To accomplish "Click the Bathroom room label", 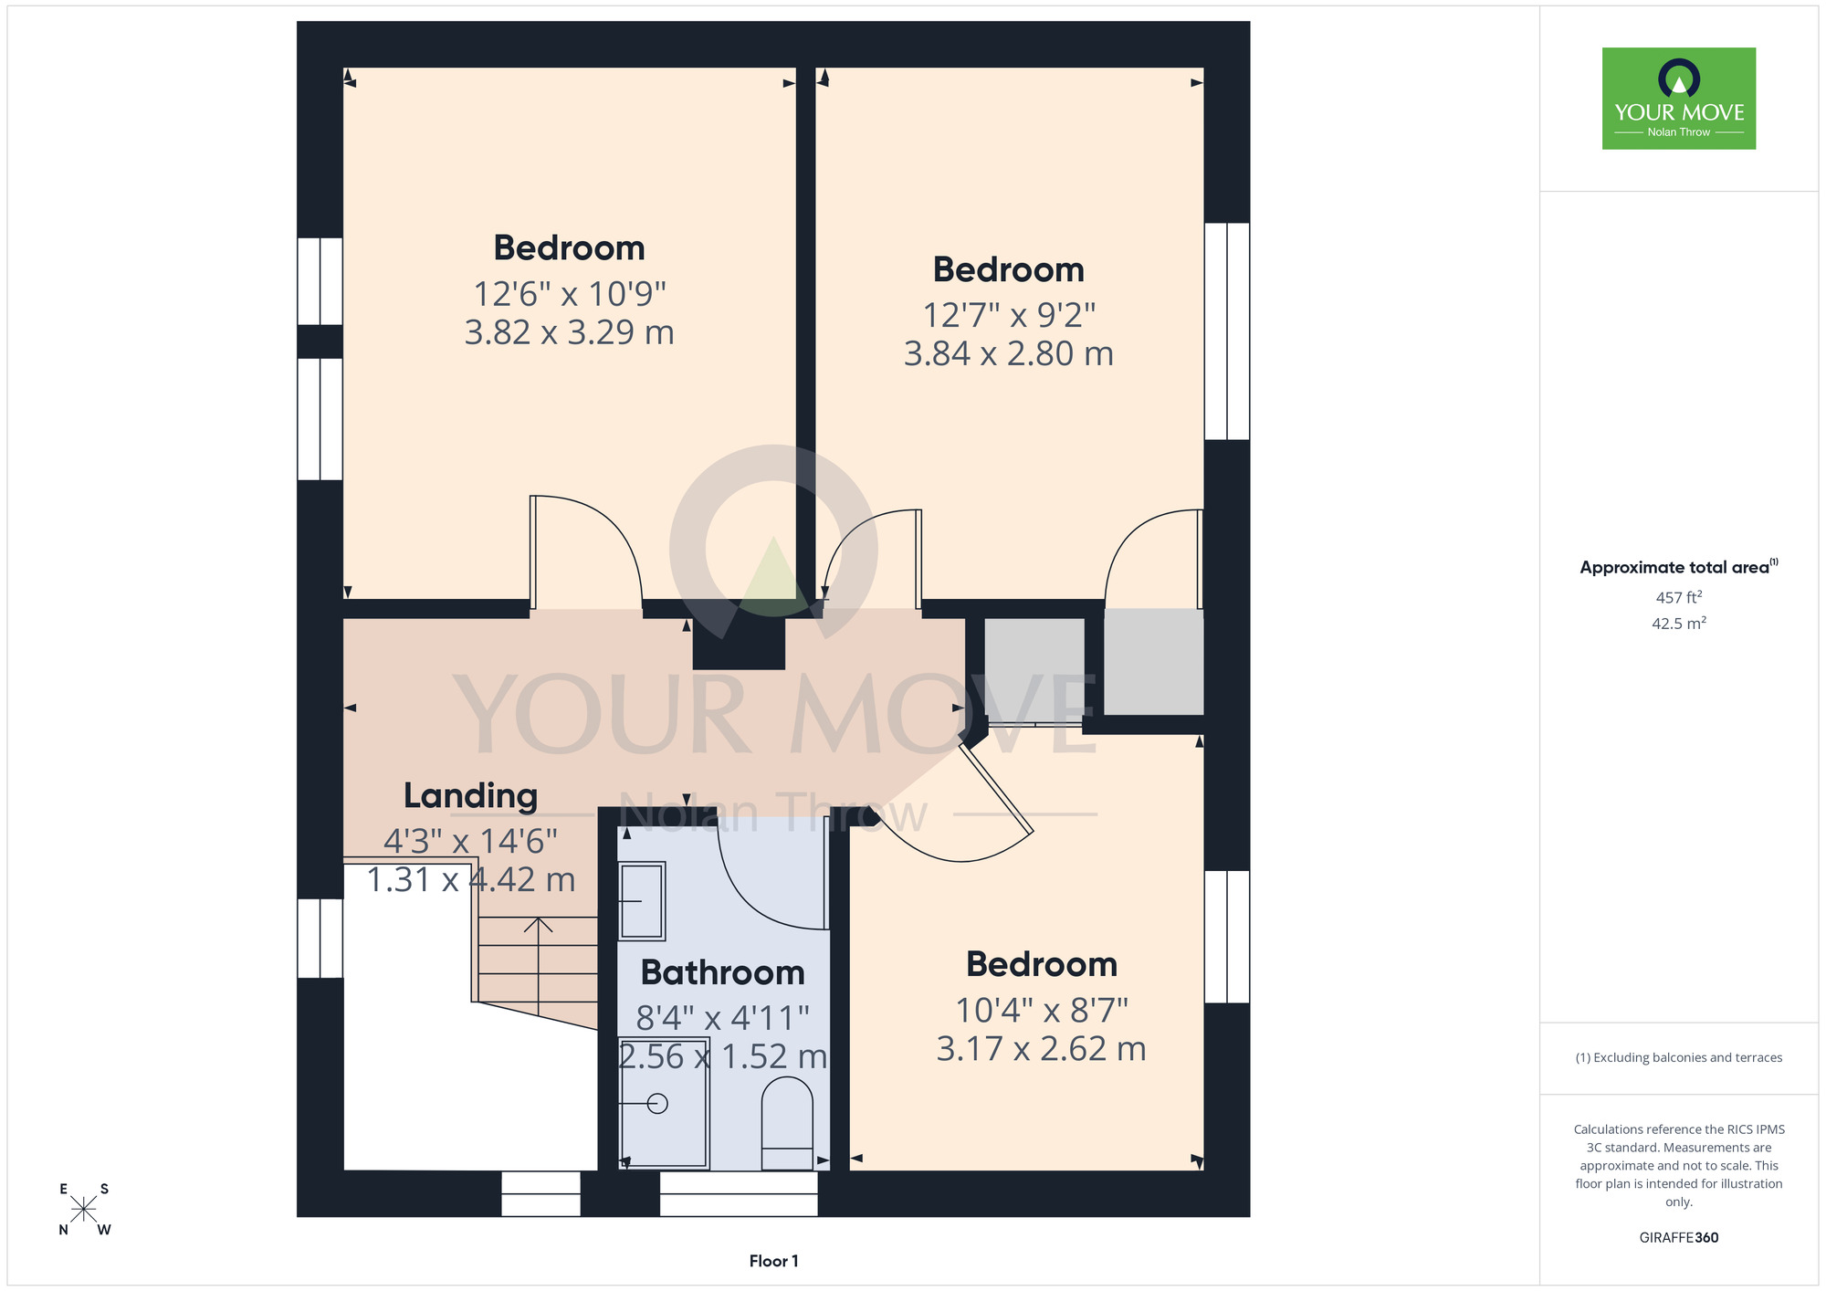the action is [722, 972].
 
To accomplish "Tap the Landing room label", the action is [470, 796].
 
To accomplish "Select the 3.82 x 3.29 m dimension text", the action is [569, 332].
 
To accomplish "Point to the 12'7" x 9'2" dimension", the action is [1009, 315].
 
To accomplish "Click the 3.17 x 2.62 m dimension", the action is [1041, 1049].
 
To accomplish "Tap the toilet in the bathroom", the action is [787, 1123].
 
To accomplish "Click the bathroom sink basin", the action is [642, 901].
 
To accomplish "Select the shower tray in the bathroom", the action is [664, 1103].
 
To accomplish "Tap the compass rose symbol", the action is [83, 1209].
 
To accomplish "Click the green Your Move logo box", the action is [1679, 99].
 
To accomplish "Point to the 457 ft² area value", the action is [1679, 597].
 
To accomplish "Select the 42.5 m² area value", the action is [1679, 624].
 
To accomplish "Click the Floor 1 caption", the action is [773, 1261].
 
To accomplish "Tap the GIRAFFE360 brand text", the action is [1679, 1238].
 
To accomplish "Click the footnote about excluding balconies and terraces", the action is [1679, 1057].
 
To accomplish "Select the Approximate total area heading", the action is [1679, 567].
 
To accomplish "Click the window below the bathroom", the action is [739, 1193].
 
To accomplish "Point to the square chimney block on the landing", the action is [739, 643].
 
